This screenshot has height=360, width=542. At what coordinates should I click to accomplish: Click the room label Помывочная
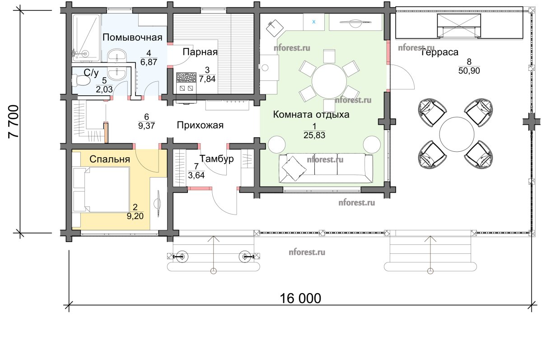click(132, 37)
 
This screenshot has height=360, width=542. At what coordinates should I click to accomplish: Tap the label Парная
click(200, 52)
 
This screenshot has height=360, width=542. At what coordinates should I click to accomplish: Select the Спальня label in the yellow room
click(110, 159)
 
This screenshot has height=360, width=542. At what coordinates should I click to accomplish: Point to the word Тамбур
click(216, 159)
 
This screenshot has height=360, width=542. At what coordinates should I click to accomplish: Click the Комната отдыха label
click(311, 114)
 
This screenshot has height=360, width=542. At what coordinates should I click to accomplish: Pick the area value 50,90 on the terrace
click(469, 71)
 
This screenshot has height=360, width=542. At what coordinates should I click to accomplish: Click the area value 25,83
click(314, 135)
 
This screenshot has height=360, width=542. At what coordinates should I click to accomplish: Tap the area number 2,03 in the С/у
click(104, 89)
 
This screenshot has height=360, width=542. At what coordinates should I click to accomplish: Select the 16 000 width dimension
click(300, 298)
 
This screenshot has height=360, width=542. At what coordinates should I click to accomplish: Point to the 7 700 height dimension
click(14, 122)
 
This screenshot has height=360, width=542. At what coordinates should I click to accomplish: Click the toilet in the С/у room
click(80, 80)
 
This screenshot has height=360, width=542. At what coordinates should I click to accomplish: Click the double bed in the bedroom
click(101, 189)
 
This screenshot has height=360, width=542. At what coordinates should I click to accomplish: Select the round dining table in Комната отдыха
click(329, 81)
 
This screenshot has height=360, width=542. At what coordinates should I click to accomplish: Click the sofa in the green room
click(326, 168)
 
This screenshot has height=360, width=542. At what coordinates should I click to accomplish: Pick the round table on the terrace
click(457, 135)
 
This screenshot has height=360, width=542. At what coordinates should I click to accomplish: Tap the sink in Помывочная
click(117, 56)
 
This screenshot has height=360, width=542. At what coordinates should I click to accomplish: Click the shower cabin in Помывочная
click(86, 38)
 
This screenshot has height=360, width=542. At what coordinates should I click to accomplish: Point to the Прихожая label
click(200, 125)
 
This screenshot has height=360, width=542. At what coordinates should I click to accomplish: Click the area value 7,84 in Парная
click(207, 79)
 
